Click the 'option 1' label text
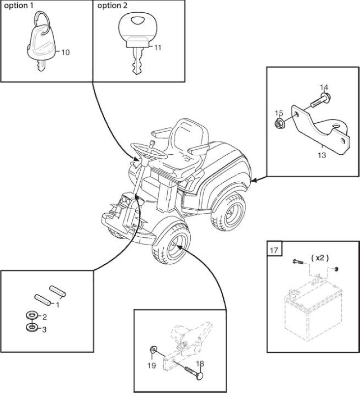click(19, 6)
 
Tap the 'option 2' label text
click(112, 6)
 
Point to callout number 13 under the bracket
click(322, 155)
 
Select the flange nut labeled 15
click(278, 124)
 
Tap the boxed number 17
click(274, 250)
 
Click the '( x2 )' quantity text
click(320, 258)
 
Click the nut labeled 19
click(152, 349)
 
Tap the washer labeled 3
click(32, 327)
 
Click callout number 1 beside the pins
click(57, 305)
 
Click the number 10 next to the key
click(65, 53)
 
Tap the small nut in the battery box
click(336, 269)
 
